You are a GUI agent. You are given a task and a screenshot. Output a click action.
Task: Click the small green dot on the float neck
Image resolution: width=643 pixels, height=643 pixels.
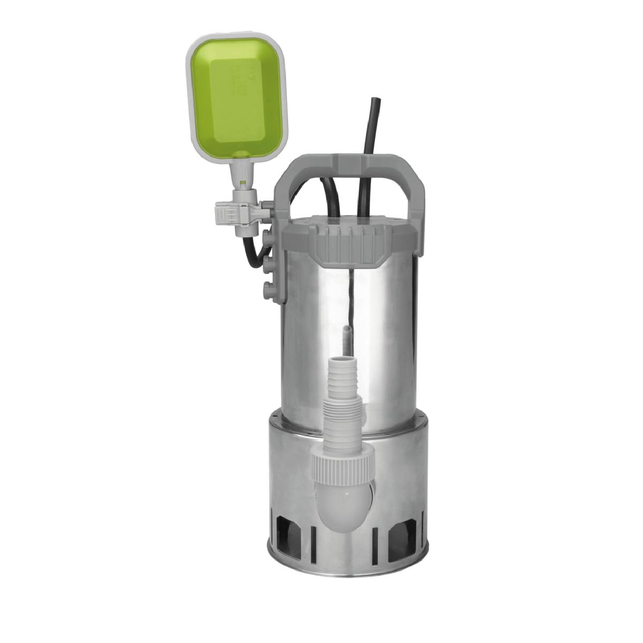pos(243,183)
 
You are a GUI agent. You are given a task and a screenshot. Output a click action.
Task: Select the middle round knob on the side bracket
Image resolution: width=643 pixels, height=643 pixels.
pos(268,264)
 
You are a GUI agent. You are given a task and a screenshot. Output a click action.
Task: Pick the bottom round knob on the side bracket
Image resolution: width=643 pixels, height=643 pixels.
pos(268,291)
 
